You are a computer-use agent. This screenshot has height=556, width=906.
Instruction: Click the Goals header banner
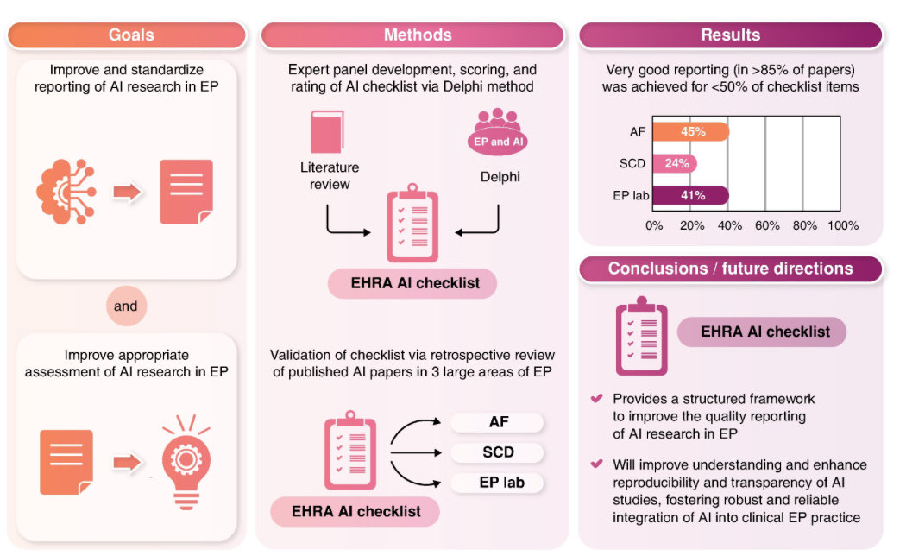click(131, 35)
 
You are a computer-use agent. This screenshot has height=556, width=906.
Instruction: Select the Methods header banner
click(418, 35)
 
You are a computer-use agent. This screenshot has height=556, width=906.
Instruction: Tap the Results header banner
click(730, 35)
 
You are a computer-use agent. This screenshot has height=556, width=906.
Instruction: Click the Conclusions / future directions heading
click(730, 269)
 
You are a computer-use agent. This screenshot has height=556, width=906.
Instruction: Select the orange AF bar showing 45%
click(691, 132)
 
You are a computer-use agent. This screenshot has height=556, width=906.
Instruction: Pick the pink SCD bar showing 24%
click(675, 164)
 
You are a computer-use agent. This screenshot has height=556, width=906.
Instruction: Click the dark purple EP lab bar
click(690, 196)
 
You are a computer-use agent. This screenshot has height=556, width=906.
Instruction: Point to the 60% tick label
click(766, 226)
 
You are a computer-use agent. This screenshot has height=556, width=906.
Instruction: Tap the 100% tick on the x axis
click(843, 226)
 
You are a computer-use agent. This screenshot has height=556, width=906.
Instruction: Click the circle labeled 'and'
click(126, 306)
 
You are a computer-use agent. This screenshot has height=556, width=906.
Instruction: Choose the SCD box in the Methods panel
click(498, 452)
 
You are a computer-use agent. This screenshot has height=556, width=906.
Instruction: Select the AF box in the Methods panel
click(498, 422)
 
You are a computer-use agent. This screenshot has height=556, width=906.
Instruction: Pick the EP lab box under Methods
click(498, 483)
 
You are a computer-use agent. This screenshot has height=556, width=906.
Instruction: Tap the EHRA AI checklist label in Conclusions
click(761, 332)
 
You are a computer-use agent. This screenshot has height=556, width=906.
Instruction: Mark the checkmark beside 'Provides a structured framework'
click(596, 399)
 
